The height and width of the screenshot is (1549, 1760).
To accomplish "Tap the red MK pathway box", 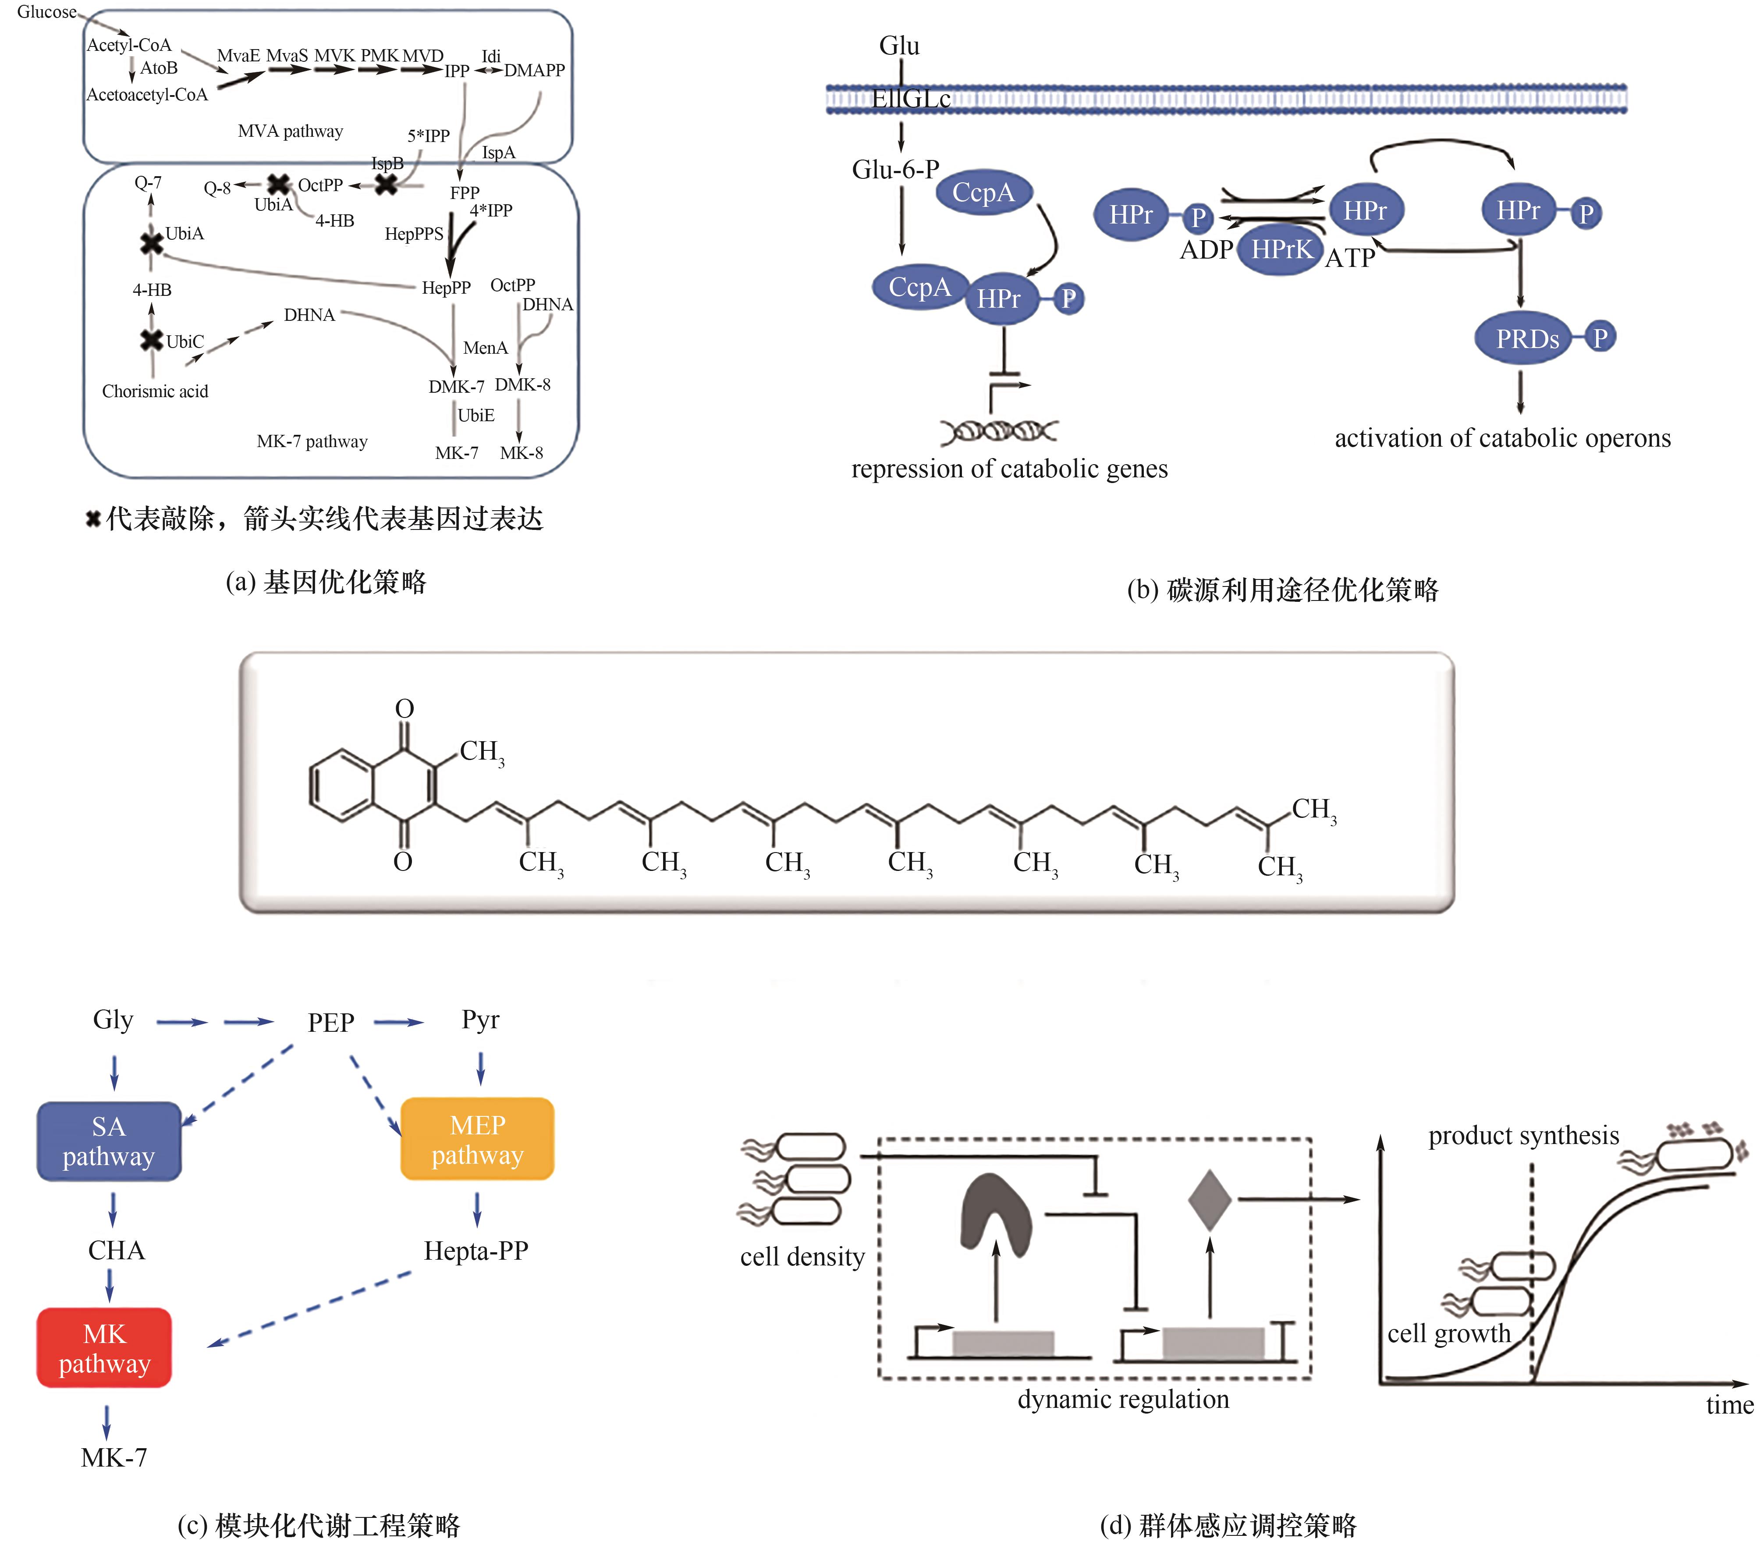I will [104, 1347].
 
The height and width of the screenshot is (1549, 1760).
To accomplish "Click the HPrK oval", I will [1281, 250].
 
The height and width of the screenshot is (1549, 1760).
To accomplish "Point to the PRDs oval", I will [1527, 338].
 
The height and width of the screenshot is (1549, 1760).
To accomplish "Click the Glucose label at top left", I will [46, 12].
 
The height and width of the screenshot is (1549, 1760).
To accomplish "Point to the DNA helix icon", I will [999, 430].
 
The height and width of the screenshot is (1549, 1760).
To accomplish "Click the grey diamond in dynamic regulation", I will [1210, 1199].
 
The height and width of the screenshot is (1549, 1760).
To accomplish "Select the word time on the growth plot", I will [1729, 1405].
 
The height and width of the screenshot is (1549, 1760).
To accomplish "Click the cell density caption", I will [802, 1257].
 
